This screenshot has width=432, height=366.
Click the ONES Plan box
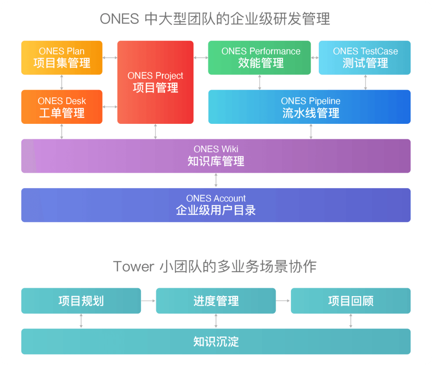[62, 58]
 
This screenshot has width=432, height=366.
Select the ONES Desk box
[62, 107]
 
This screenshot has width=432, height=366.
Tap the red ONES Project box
[155, 82]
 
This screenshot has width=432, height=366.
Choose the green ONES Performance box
[259, 58]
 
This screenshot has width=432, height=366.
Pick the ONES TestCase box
[364, 58]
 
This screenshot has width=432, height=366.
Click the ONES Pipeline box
[309, 107]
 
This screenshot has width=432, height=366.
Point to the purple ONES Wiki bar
[216, 156]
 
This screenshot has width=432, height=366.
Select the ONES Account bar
[216, 205]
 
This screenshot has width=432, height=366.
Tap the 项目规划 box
[81, 301]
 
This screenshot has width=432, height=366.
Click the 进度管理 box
[216, 301]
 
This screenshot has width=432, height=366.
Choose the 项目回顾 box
[351, 301]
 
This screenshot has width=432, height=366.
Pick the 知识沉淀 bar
[216, 342]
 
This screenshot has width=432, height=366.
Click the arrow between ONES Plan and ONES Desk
[62, 82]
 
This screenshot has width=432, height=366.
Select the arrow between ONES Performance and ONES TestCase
[315, 58]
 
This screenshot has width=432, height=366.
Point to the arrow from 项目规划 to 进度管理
[148, 301]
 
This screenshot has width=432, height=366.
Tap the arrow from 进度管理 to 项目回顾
[283, 301]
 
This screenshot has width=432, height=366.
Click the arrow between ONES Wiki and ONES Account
[216, 181]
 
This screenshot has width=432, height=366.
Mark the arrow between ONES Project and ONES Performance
[201, 58]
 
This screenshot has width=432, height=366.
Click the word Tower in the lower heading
[134, 267]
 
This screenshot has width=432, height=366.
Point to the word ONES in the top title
[119, 19]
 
